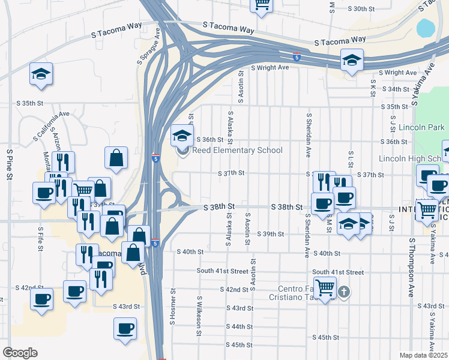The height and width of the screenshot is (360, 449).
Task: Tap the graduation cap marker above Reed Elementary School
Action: tap(182, 136)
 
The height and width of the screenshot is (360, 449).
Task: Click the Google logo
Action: tap(20, 352)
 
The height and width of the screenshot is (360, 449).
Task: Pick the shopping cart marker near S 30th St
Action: tap(262, 4)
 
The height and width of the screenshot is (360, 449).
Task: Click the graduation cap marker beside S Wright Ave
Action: tap(352, 60)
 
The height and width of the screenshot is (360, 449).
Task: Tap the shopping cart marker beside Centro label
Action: tap(325, 288)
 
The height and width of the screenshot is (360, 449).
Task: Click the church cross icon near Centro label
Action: tap(343, 292)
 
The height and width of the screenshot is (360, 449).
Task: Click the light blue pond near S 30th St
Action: tap(426, 28)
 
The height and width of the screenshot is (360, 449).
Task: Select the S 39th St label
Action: tap(270, 234)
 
